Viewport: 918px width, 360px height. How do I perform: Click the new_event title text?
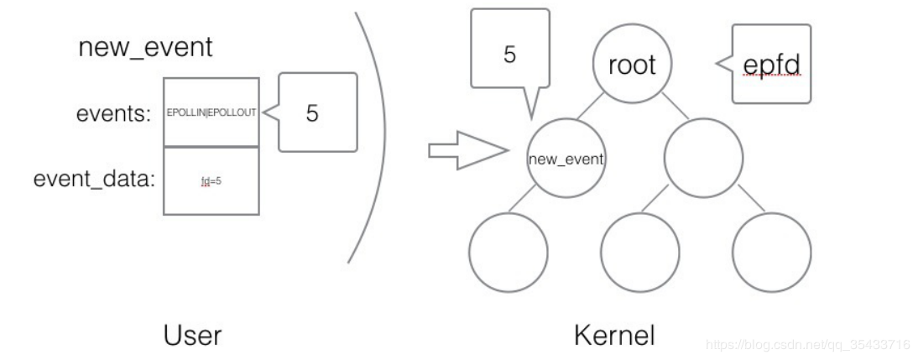click(145, 47)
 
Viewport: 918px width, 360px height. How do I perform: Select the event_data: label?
click(95, 180)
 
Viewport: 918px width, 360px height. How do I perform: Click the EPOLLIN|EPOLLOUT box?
click(211, 112)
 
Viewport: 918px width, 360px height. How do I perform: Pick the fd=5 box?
click(211, 180)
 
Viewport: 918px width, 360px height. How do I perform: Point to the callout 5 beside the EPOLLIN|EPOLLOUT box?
click(316, 112)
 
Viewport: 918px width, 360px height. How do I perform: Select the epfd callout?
click(772, 65)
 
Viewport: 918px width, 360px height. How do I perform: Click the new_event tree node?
click(566, 158)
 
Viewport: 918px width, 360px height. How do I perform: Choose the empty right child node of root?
click(703, 158)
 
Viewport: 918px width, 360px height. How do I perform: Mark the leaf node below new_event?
click(507, 251)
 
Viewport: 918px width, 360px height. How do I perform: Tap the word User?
click(192, 336)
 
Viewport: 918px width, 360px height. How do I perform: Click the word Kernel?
click(614, 336)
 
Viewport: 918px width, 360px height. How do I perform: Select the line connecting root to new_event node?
click(597, 107)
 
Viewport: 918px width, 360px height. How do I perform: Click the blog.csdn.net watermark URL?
click(808, 344)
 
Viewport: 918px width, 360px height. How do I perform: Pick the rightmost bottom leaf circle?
click(771, 251)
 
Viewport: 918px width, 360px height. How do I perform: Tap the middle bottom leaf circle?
click(639, 251)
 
